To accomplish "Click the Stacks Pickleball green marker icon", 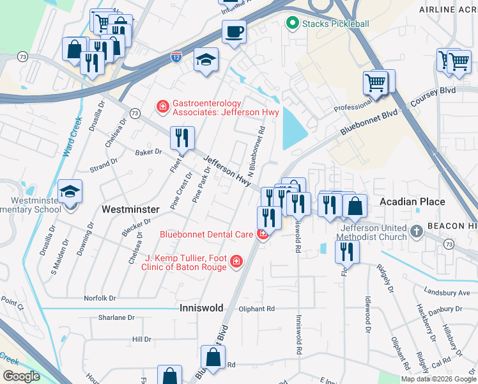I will click(293, 24).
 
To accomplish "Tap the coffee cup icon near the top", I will click(234, 31).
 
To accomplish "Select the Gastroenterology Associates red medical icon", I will click(163, 106).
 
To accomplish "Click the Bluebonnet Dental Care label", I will click(206, 234).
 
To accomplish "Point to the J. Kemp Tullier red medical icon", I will click(236, 261).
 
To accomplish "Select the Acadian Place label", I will click(412, 202).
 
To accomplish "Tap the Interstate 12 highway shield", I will click(175, 58).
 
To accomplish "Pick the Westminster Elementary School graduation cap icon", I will click(70, 191).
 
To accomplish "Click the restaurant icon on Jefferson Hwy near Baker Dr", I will click(182, 137).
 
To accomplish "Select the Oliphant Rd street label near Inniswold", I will click(258, 308).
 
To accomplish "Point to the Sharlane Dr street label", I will click(116, 317).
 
